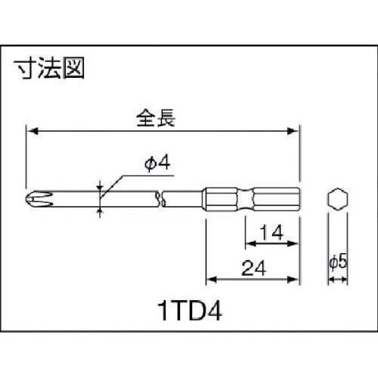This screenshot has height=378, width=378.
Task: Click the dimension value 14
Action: click(273, 234)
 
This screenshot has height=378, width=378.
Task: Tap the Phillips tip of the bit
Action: click(33, 199)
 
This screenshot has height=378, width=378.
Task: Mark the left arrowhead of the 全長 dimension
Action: click(31, 132)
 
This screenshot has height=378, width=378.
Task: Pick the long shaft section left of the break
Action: click(98, 199)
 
